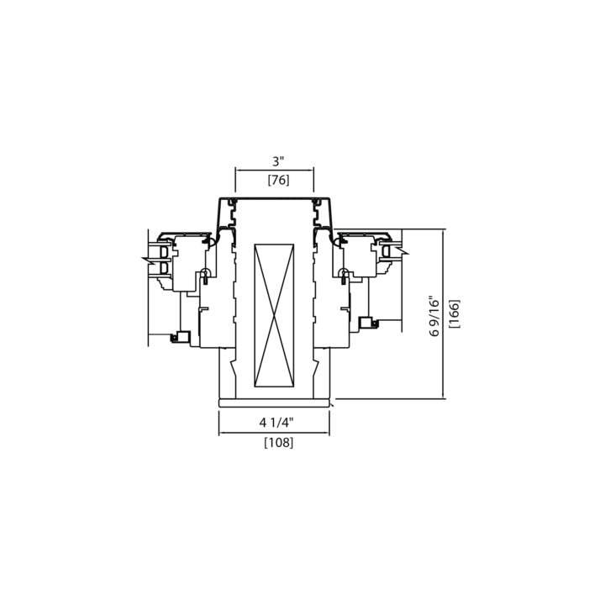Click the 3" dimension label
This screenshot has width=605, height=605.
point(278,161)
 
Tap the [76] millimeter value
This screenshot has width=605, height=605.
point(279,180)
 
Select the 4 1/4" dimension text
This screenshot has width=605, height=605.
point(276,423)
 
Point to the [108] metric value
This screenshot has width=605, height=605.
point(279,443)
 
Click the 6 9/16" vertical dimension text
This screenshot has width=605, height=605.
point(434,317)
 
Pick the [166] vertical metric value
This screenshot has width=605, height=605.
point(455,313)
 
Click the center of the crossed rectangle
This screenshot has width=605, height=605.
point(274,316)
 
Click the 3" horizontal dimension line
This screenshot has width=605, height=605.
point(274,170)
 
